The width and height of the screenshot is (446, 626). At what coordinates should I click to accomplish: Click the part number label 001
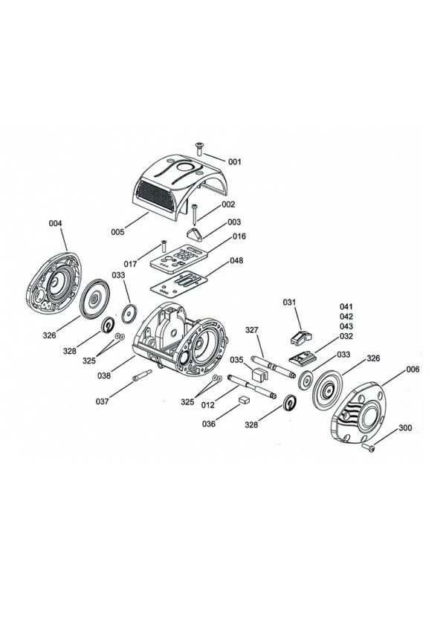click(x=235, y=161)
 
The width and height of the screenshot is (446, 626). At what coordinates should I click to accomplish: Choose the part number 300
click(x=406, y=428)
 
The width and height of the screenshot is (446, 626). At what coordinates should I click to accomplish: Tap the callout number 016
click(x=239, y=236)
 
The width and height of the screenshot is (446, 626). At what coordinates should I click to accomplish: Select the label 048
click(x=237, y=261)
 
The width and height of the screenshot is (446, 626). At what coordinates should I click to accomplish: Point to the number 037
click(x=103, y=401)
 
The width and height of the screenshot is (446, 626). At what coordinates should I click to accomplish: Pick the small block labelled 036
click(x=243, y=400)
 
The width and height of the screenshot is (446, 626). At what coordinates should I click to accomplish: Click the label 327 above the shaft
click(x=252, y=329)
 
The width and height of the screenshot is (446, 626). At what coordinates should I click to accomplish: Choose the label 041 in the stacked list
click(x=347, y=306)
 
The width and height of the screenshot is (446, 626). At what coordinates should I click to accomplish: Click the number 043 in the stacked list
click(x=347, y=326)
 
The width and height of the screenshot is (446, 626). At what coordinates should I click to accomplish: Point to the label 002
click(x=227, y=204)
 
